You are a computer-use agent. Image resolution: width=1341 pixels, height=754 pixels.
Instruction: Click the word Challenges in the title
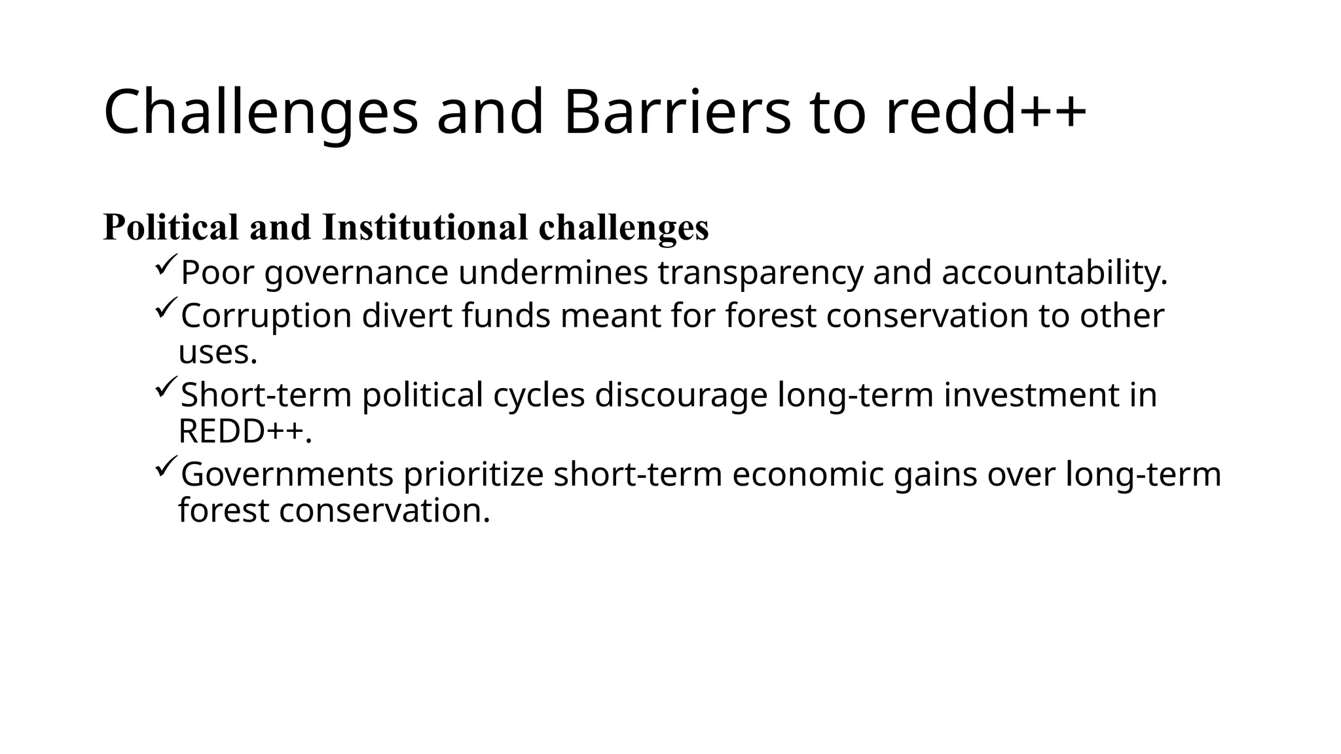261,113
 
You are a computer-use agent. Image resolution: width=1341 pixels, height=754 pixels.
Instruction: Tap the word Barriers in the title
676,113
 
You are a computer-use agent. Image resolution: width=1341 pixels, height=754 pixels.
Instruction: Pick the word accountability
1054,274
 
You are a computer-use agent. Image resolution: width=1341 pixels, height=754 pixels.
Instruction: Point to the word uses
217,353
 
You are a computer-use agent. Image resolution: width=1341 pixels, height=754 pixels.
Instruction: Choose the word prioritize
473,475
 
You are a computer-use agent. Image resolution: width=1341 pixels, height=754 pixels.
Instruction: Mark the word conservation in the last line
384,511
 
